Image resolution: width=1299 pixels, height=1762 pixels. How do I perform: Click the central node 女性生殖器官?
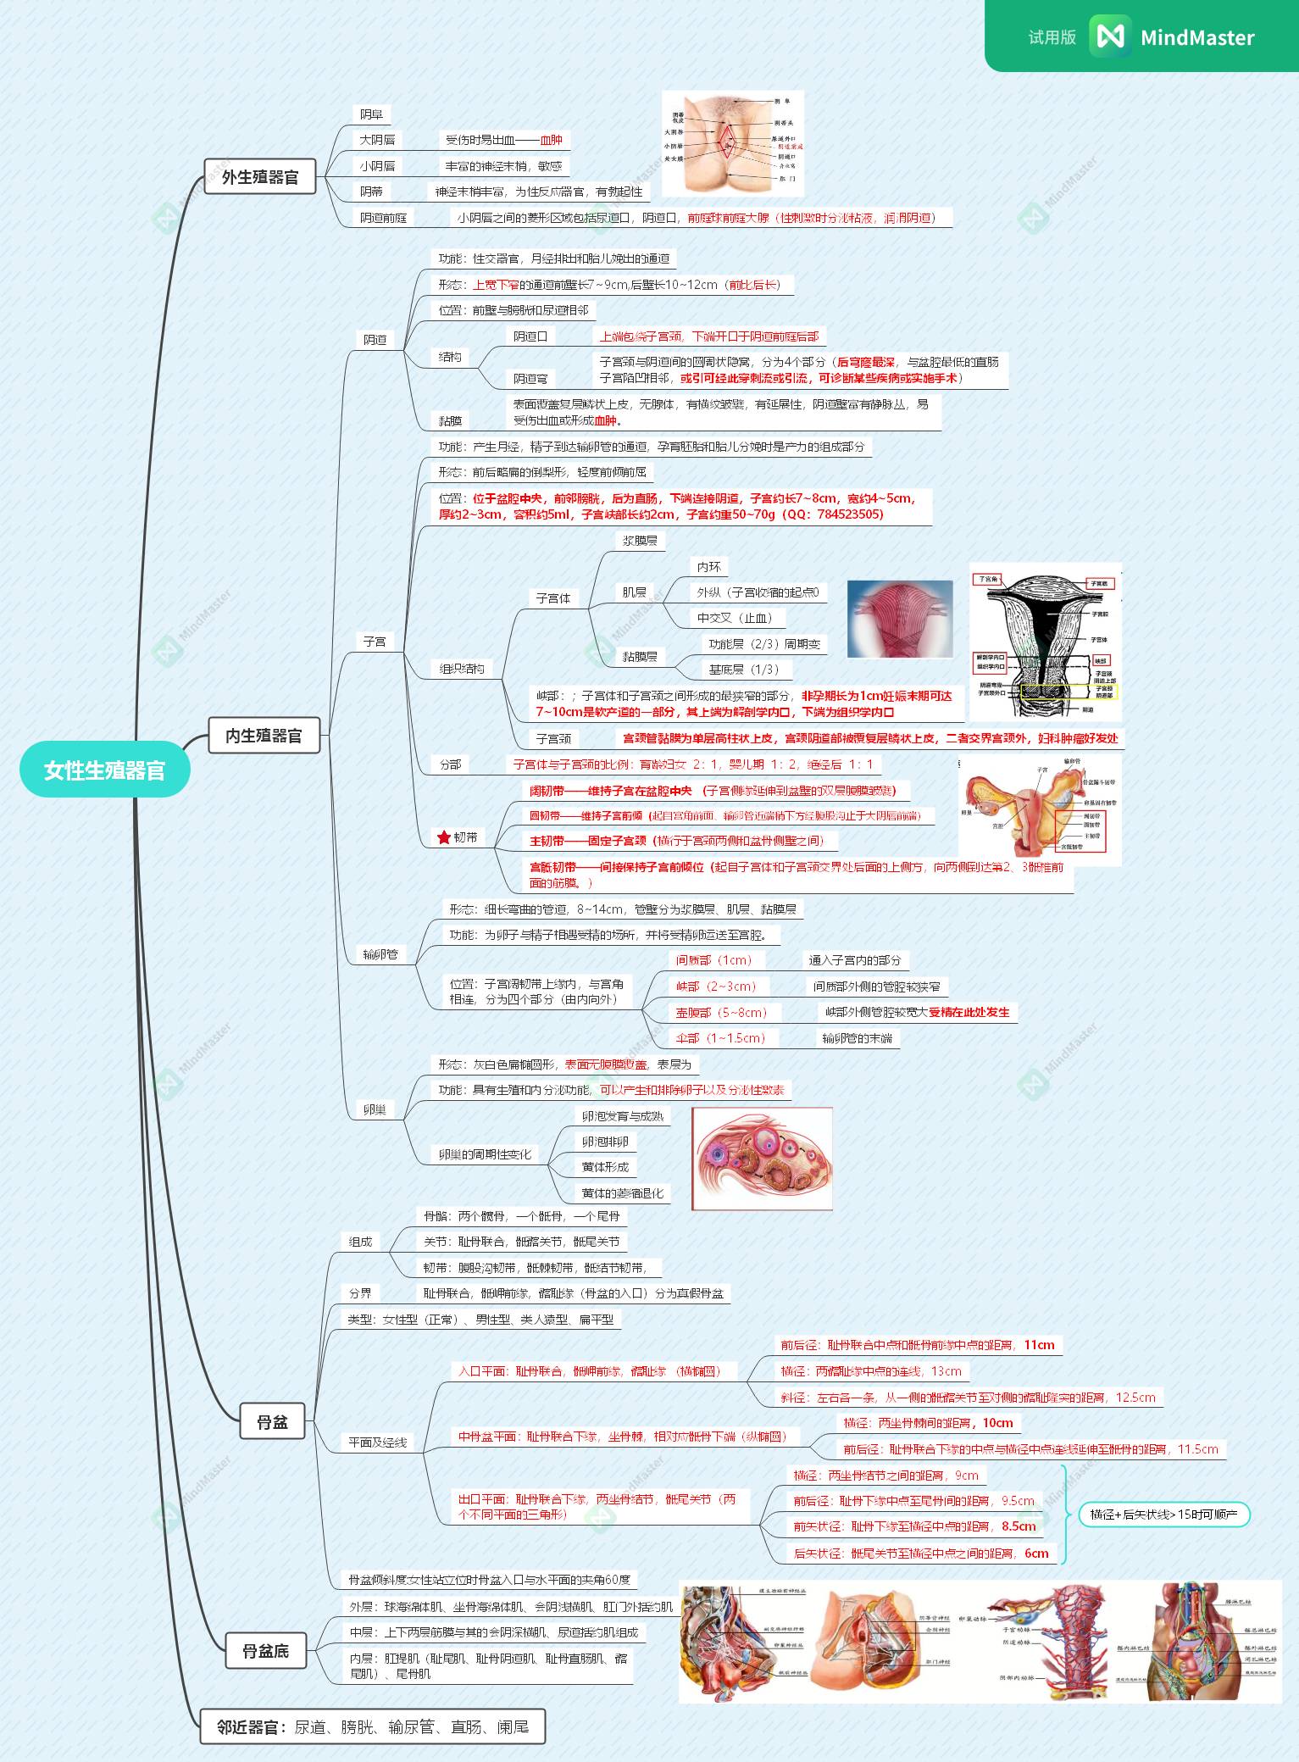coord(104,770)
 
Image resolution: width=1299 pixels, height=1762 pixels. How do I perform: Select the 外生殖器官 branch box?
coord(260,177)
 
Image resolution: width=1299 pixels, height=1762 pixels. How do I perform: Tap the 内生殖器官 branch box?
coord(264,735)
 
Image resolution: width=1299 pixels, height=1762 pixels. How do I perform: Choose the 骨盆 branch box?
coord(273,1421)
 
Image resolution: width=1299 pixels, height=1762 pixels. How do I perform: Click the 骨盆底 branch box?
coord(265,1651)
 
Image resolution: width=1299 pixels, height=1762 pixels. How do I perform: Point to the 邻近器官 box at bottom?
coord(372,1726)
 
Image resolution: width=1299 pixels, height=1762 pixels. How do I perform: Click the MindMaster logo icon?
coord(1110,36)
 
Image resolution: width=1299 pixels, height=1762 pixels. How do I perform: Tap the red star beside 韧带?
coord(444,837)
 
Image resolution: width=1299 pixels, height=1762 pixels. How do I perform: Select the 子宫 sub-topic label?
coord(375,642)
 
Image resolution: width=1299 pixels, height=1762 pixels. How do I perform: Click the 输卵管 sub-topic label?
coord(380,954)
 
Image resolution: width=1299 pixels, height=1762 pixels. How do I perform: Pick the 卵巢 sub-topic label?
coord(375,1109)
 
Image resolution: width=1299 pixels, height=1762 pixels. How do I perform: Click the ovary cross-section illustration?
coord(762,1158)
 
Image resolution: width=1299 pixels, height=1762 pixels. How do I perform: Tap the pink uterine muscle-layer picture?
coord(900,619)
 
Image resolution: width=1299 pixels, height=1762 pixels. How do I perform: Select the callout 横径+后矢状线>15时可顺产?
coord(1163,1514)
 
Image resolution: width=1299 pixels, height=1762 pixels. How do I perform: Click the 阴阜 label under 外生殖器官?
coord(371,114)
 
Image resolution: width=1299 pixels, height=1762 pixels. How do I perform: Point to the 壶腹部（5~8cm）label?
coord(721,1012)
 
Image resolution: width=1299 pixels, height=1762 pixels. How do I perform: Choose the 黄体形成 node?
coord(605,1167)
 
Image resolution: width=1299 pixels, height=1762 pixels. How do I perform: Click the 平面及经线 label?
coord(378,1442)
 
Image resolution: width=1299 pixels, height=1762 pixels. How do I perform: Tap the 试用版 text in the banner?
coord(1052,37)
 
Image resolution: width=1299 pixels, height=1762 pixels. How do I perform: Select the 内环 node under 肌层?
coord(709,567)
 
